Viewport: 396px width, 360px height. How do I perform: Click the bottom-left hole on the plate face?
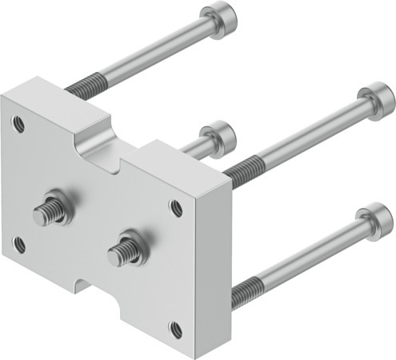pyautogui.click(x=19, y=245)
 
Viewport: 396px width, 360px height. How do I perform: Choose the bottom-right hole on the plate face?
pyautogui.click(x=174, y=327)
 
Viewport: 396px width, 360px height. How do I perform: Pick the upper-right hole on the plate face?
pyautogui.click(x=175, y=207)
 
